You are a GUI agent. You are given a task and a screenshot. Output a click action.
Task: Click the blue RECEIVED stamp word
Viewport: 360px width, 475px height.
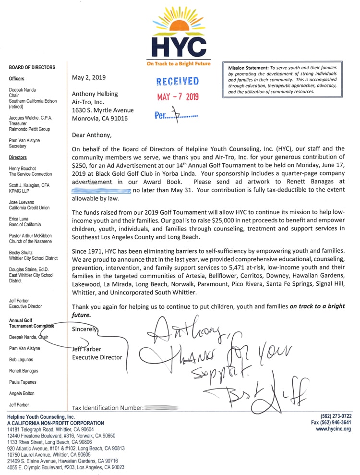pos(178,81)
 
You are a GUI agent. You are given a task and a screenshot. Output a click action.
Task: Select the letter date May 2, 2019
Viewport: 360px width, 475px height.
pos(89,77)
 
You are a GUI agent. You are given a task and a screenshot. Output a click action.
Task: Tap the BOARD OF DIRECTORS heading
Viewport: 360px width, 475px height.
pos(32,68)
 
